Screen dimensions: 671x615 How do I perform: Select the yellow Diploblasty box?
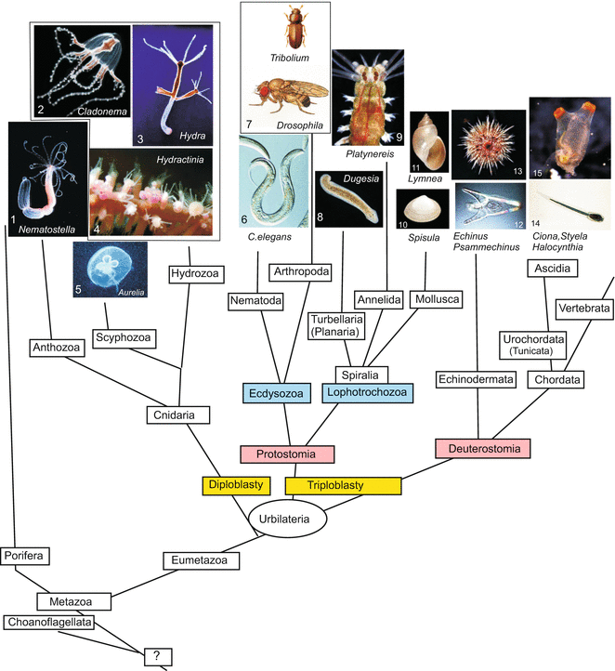coord(235,485)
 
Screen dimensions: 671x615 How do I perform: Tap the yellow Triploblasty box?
coord(342,485)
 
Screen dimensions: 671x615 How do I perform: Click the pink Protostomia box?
coord(286,454)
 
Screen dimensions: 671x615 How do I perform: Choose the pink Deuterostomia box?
coord(482,448)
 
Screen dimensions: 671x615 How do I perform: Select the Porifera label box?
coord(25,556)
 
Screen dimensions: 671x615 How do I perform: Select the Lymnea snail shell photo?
coord(427,138)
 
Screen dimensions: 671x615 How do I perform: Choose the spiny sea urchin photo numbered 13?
coord(487,143)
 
